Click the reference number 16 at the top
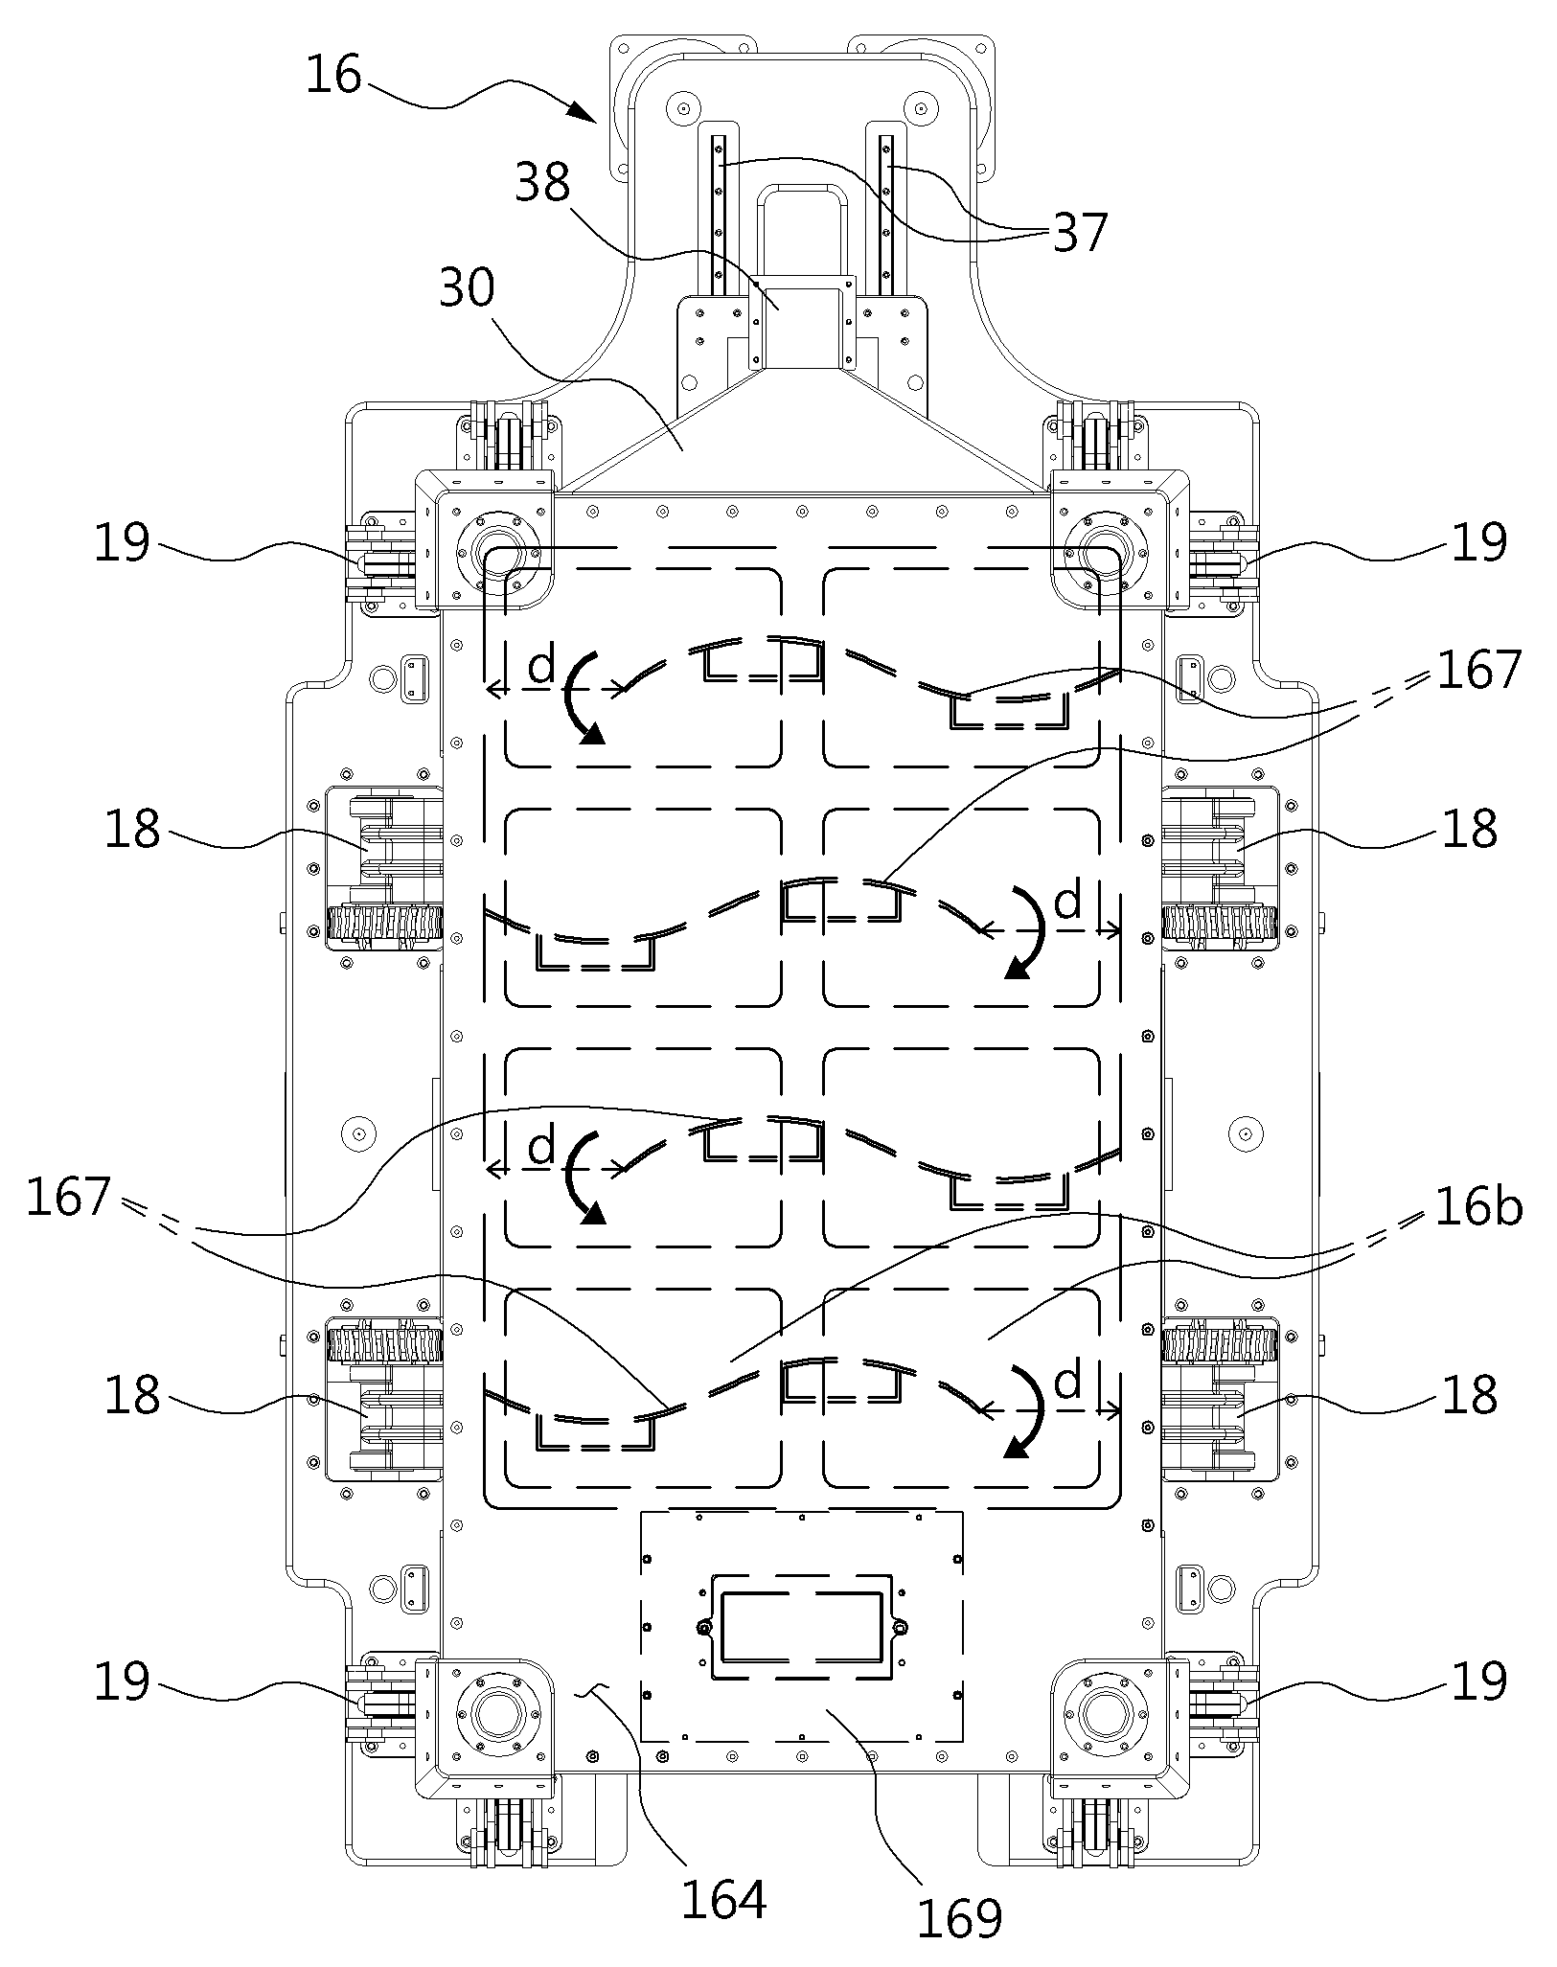pos(333,76)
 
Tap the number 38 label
pos(542,182)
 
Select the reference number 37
pos(1080,233)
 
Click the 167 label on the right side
pos(1478,670)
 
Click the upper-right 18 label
pos(1469,829)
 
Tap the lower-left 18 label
pos(132,1395)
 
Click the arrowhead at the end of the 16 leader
pos(584,113)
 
